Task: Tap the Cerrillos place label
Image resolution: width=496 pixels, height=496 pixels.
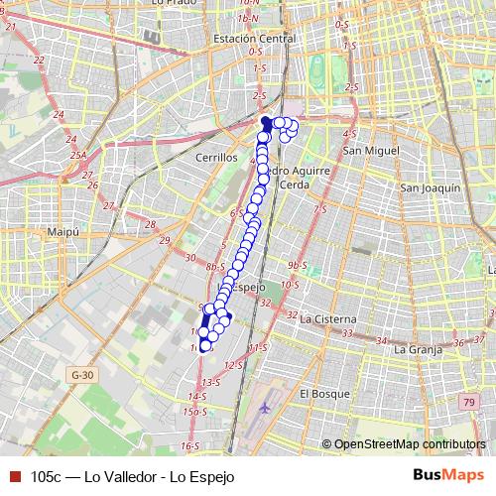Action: click(217, 158)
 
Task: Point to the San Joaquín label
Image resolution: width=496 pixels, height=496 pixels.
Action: click(430, 187)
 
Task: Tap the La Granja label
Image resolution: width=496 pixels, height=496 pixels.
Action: click(418, 349)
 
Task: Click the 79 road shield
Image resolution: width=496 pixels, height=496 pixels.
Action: click(468, 401)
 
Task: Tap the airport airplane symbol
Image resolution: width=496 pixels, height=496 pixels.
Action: click(265, 407)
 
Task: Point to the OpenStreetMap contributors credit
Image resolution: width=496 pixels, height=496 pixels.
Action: click(410, 444)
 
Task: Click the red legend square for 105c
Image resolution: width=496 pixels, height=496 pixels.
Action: click(13, 476)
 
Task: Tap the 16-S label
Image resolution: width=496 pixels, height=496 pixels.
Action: click(188, 445)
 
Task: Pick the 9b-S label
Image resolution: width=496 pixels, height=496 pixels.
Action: click(296, 266)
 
